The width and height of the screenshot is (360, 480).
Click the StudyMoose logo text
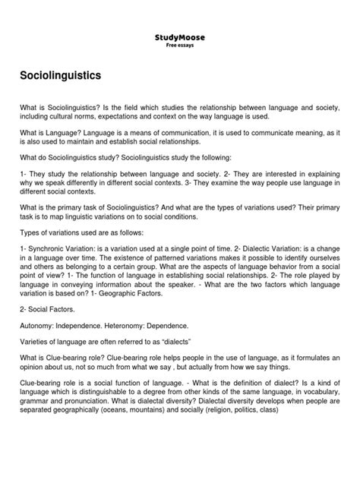[x=180, y=36]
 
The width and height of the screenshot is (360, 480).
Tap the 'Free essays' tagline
[x=180, y=44]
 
